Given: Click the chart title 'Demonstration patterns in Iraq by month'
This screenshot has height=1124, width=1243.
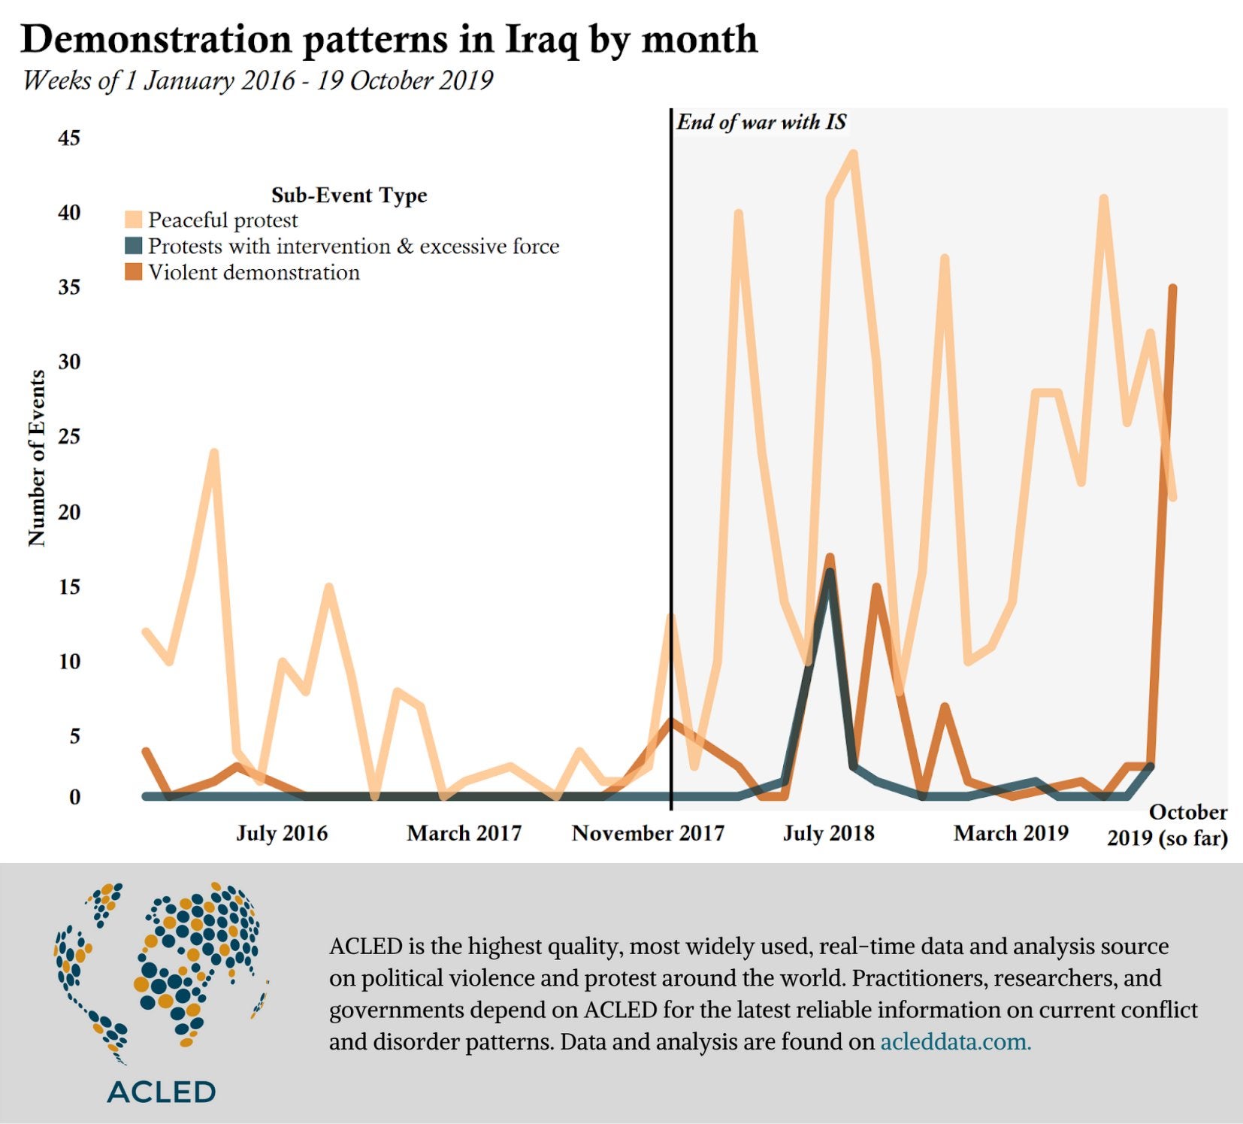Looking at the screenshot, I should (389, 39).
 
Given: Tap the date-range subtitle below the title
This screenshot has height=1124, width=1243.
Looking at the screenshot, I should (258, 80).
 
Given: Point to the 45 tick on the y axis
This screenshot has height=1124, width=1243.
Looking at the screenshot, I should (69, 138).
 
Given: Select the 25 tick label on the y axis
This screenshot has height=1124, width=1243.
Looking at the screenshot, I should (69, 436).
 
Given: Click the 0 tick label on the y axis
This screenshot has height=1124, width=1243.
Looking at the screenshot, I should (74, 797).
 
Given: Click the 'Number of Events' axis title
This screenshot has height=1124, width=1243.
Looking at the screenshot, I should (37, 458).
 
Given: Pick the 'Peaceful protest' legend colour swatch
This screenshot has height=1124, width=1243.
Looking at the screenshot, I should (133, 220).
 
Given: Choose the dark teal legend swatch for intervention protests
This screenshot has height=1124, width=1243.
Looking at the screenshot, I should (133, 246).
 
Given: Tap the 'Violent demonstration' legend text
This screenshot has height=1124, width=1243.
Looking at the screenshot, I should (254, 272).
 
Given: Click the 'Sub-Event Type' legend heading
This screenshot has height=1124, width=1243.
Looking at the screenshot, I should (349, 195).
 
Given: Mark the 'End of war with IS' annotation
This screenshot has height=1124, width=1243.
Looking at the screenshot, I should (761, 123).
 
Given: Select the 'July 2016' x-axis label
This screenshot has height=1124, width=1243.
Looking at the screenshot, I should (282, 833).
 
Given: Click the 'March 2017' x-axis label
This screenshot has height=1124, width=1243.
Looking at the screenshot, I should (464, 833).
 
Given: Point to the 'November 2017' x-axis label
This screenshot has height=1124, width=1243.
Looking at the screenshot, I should (648, 833).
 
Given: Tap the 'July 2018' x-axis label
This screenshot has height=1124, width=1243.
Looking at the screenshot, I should (829, 833).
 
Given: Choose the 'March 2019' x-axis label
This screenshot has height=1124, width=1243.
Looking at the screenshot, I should (1011, 833).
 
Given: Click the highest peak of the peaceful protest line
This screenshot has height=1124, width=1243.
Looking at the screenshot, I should (853, 154).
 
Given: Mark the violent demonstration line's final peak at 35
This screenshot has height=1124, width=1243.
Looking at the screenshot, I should (1172, 288).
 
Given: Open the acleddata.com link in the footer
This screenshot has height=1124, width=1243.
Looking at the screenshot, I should (955, 1042).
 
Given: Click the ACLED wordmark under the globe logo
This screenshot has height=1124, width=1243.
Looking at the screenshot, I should (162, 1092).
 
